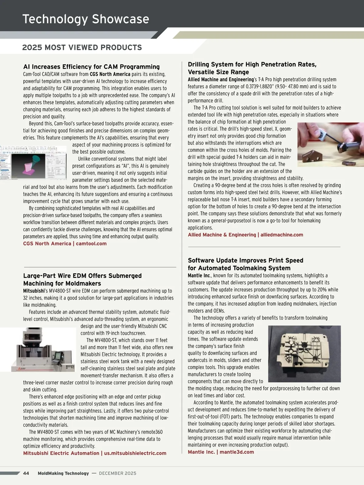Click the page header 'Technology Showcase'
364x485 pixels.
point(86,19)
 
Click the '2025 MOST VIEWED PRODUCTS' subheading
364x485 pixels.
point(82,48)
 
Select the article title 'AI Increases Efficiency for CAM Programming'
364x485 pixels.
point(91,67)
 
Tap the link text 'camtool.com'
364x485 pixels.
point(91,243)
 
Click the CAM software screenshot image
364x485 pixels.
point(33,163)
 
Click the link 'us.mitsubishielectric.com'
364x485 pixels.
point(135,453)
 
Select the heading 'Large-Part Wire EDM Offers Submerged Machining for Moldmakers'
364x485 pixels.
point(83,279)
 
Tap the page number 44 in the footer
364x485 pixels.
point(26,473)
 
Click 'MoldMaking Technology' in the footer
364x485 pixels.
point(63,473)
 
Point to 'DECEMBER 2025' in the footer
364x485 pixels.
point(117,473)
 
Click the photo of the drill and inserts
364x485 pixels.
point(330,144)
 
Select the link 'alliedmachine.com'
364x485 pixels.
point(281,235)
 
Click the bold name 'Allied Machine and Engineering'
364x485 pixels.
point(221,79)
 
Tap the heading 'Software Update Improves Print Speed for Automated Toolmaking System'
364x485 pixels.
point(245,264)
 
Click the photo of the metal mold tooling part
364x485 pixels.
point(304,354)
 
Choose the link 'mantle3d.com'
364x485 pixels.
point(237,452)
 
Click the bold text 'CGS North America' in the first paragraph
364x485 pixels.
point(110,74)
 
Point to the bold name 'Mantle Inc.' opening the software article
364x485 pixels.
point(199,276)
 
